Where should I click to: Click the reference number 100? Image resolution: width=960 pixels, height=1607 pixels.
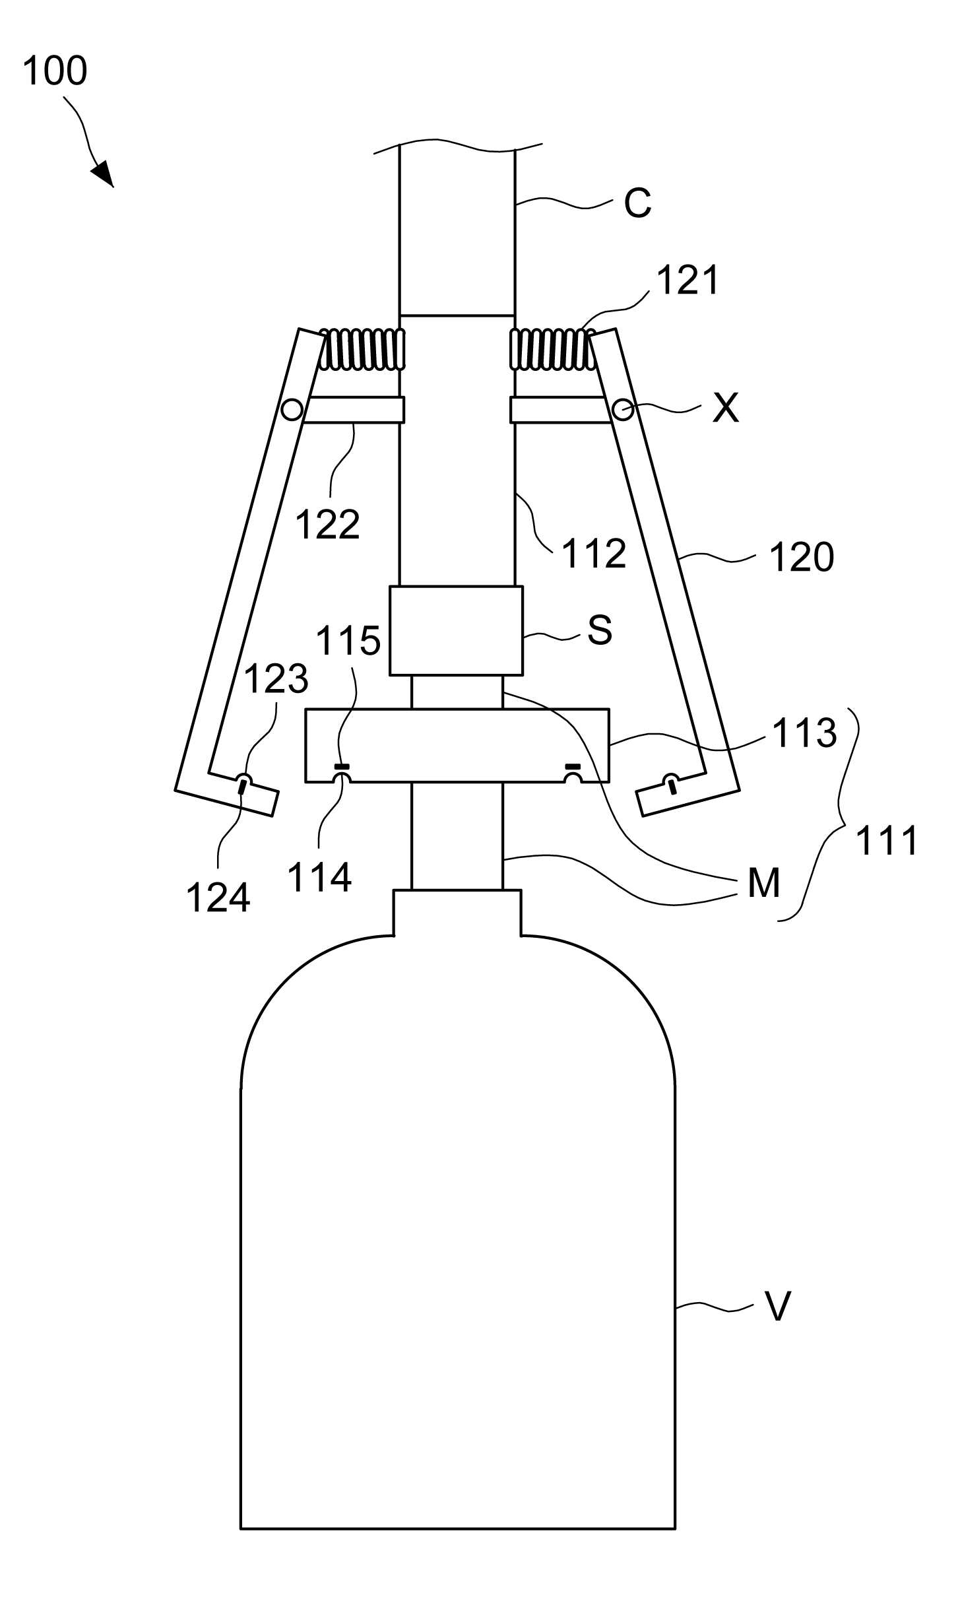click(55, 71)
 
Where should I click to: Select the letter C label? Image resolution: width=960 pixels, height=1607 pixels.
click(637, 203)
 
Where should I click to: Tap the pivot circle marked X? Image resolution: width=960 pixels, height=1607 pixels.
click(622, 410)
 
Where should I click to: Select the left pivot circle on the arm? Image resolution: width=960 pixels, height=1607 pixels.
click(291, 410)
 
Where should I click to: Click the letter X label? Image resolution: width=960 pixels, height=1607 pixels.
click(726, 409)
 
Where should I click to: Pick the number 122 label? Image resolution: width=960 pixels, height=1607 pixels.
click(327, 525)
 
